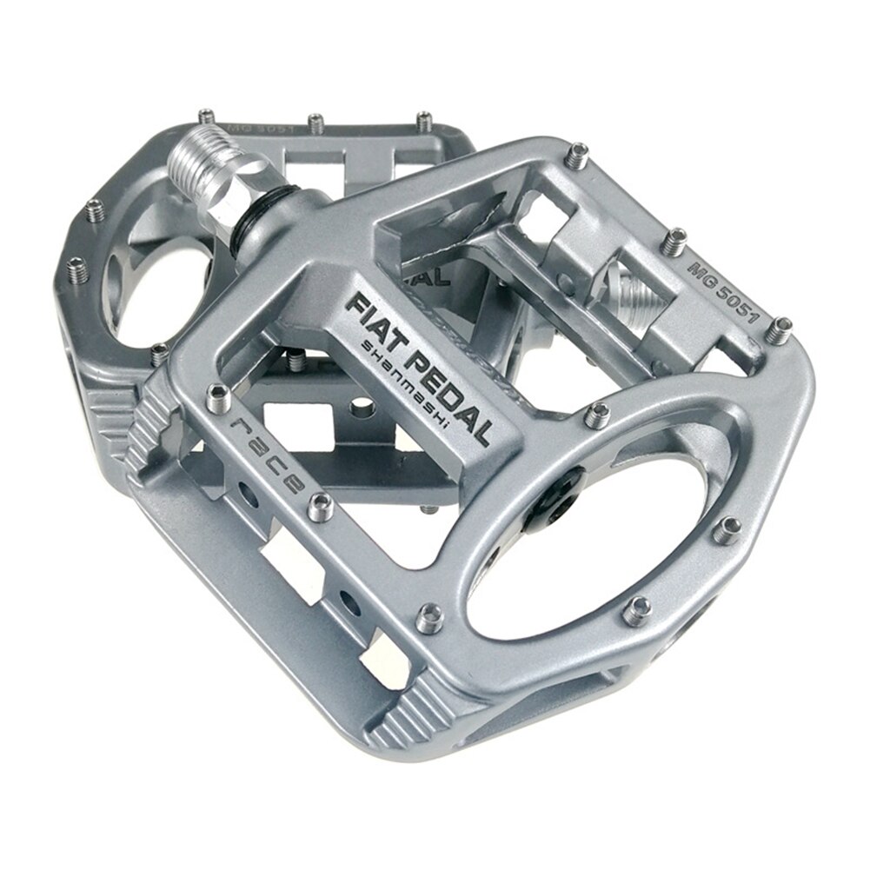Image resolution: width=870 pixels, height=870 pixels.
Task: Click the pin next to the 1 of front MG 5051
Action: pyautogui.click(x=781, y=328)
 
